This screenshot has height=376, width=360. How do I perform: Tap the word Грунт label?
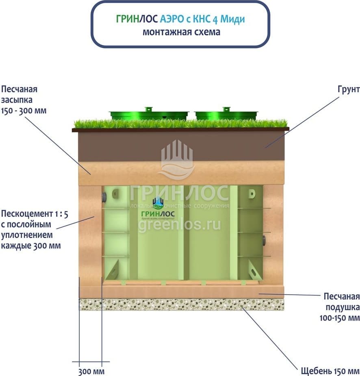click(348, 89)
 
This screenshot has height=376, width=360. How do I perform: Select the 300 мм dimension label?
click(91, 371)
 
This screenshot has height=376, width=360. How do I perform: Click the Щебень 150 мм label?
click(330, 371)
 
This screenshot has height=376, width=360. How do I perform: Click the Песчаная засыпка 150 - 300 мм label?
click(24, 100)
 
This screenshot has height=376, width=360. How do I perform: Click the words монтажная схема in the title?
click(181, 32)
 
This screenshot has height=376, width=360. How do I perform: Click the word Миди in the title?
click(236, 19)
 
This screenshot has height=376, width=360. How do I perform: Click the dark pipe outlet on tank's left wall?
click(104, 198)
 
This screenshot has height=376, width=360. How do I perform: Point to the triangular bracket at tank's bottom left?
click(112, 270)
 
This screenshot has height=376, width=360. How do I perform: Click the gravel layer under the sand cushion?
click(181, 304)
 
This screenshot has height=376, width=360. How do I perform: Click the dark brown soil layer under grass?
click(181, 146)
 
